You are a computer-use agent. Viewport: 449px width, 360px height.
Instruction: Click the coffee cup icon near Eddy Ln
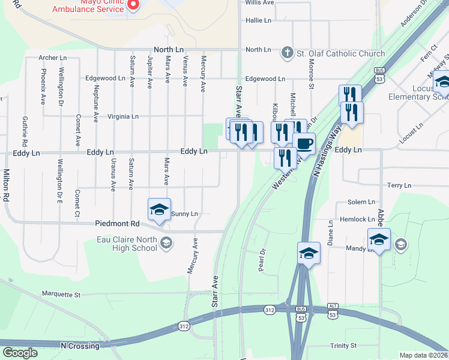304,144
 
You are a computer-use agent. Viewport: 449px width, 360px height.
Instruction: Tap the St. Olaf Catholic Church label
341,54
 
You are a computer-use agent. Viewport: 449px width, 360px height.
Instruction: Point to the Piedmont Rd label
117,224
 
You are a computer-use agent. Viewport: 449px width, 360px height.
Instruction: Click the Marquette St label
61,295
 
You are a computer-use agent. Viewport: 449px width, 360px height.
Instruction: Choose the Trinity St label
343,346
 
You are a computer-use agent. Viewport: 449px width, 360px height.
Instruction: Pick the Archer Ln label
52,58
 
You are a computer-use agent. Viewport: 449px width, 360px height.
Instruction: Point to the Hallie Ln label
258,20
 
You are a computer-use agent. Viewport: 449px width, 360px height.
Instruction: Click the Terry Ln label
399,186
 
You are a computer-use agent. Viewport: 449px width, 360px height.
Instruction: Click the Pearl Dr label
262,260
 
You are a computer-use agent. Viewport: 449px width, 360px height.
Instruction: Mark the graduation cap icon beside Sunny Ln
159,209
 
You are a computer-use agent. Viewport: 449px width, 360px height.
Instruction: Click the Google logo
20,353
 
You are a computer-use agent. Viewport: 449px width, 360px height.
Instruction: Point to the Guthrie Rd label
25,132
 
